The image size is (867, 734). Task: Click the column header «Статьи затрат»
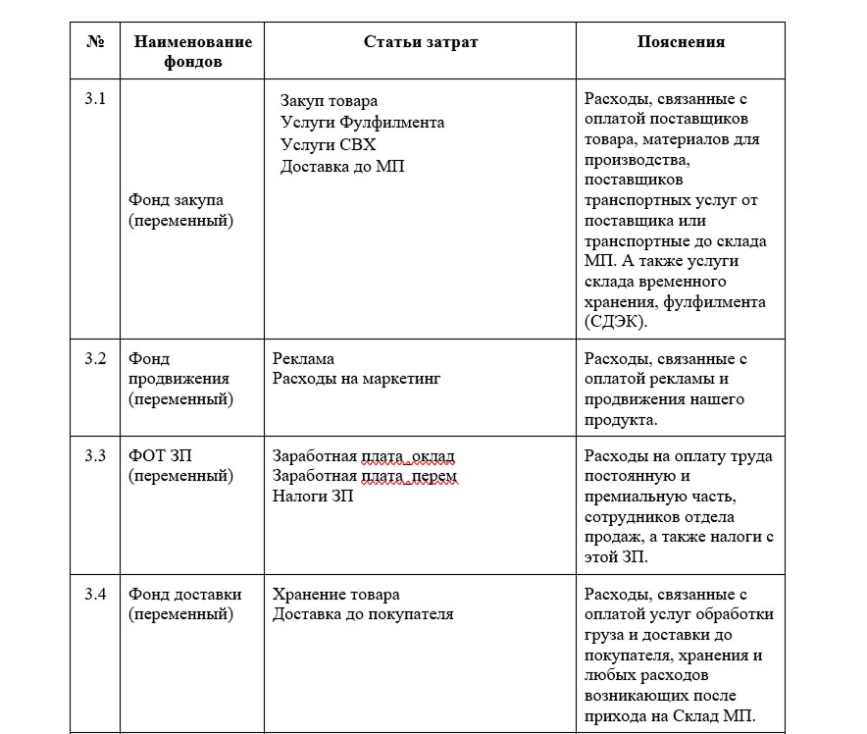(421, 41)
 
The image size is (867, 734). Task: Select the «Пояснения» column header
(681, 41)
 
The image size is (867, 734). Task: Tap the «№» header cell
(95, 41)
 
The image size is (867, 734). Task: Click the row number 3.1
(95, 99)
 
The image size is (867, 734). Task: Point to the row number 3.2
(95, 358)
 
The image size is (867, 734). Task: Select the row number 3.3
(95, 455)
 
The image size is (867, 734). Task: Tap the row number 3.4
(95, 594)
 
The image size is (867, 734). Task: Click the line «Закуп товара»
(329, 101)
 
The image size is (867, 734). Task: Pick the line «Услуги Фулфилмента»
(362, 123)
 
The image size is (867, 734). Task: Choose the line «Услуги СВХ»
(328, 144)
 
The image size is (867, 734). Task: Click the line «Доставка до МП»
(342, 166)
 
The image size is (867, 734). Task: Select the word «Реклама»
(303, 359)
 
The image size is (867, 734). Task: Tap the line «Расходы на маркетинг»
(357, 380)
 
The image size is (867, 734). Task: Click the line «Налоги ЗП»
(313, 496)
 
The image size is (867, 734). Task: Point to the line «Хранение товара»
(335, 595)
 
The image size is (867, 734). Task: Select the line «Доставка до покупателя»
(363, 615)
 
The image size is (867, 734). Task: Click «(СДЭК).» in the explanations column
(615, 322)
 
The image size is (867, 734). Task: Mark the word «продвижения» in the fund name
(178, 379)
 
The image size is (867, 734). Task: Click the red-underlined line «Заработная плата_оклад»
(363, 456)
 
